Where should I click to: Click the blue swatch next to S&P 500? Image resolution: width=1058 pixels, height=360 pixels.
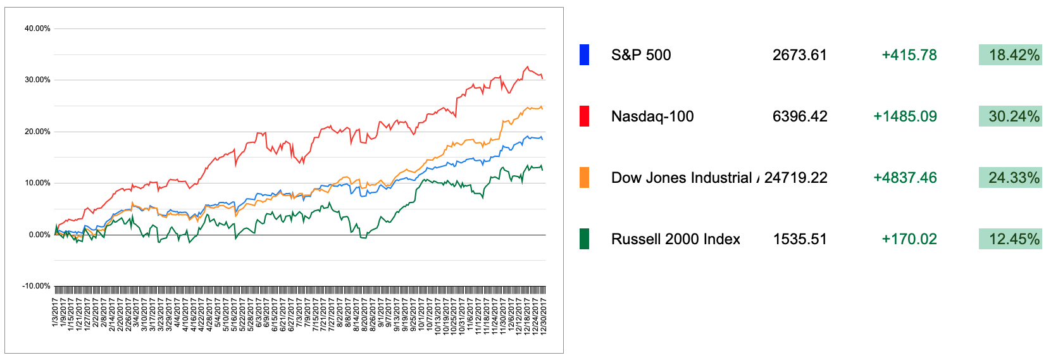click(x=584, y=55)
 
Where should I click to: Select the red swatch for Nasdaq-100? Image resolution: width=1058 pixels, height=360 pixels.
click(x=584, y=116)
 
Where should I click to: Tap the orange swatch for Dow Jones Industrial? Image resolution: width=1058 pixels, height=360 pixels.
click(x=584, y=178)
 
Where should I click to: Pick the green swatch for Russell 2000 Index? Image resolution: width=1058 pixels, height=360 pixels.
click(x=584, y=239)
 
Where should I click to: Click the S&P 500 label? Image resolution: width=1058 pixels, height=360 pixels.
click(x=641, y=55)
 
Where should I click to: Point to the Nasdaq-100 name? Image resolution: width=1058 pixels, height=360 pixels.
click(x=652, y=116)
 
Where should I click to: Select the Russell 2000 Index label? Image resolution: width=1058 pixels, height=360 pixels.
click(x=675, y=239)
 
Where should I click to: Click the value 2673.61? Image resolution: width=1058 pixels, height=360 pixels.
click(x=799, y=55)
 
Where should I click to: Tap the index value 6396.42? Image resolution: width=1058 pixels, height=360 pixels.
click(x=799, y=116)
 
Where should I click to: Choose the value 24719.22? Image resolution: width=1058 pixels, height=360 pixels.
click(x=795, y=178)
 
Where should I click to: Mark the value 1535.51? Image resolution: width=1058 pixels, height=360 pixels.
click(x=800, y=239)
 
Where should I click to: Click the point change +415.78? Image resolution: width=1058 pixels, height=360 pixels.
click(x=909, y=55)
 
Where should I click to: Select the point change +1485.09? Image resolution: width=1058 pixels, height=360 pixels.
click(x=905, y=116)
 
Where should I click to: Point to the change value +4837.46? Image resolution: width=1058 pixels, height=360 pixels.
click(x=905, y=178)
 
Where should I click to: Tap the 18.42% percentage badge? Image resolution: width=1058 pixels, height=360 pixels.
click(x=1010, y=55)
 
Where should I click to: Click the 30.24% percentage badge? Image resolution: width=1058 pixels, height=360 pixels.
click(x=1010, y=116)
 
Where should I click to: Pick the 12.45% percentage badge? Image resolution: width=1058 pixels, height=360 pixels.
click(x=1010, y=239)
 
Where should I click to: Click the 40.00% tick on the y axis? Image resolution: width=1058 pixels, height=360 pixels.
click(x=37, y=28)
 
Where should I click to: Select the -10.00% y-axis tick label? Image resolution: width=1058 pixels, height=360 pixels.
click(x=36, y=286)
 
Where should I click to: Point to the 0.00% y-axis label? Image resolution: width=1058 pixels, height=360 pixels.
click(x=39, y=235)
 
